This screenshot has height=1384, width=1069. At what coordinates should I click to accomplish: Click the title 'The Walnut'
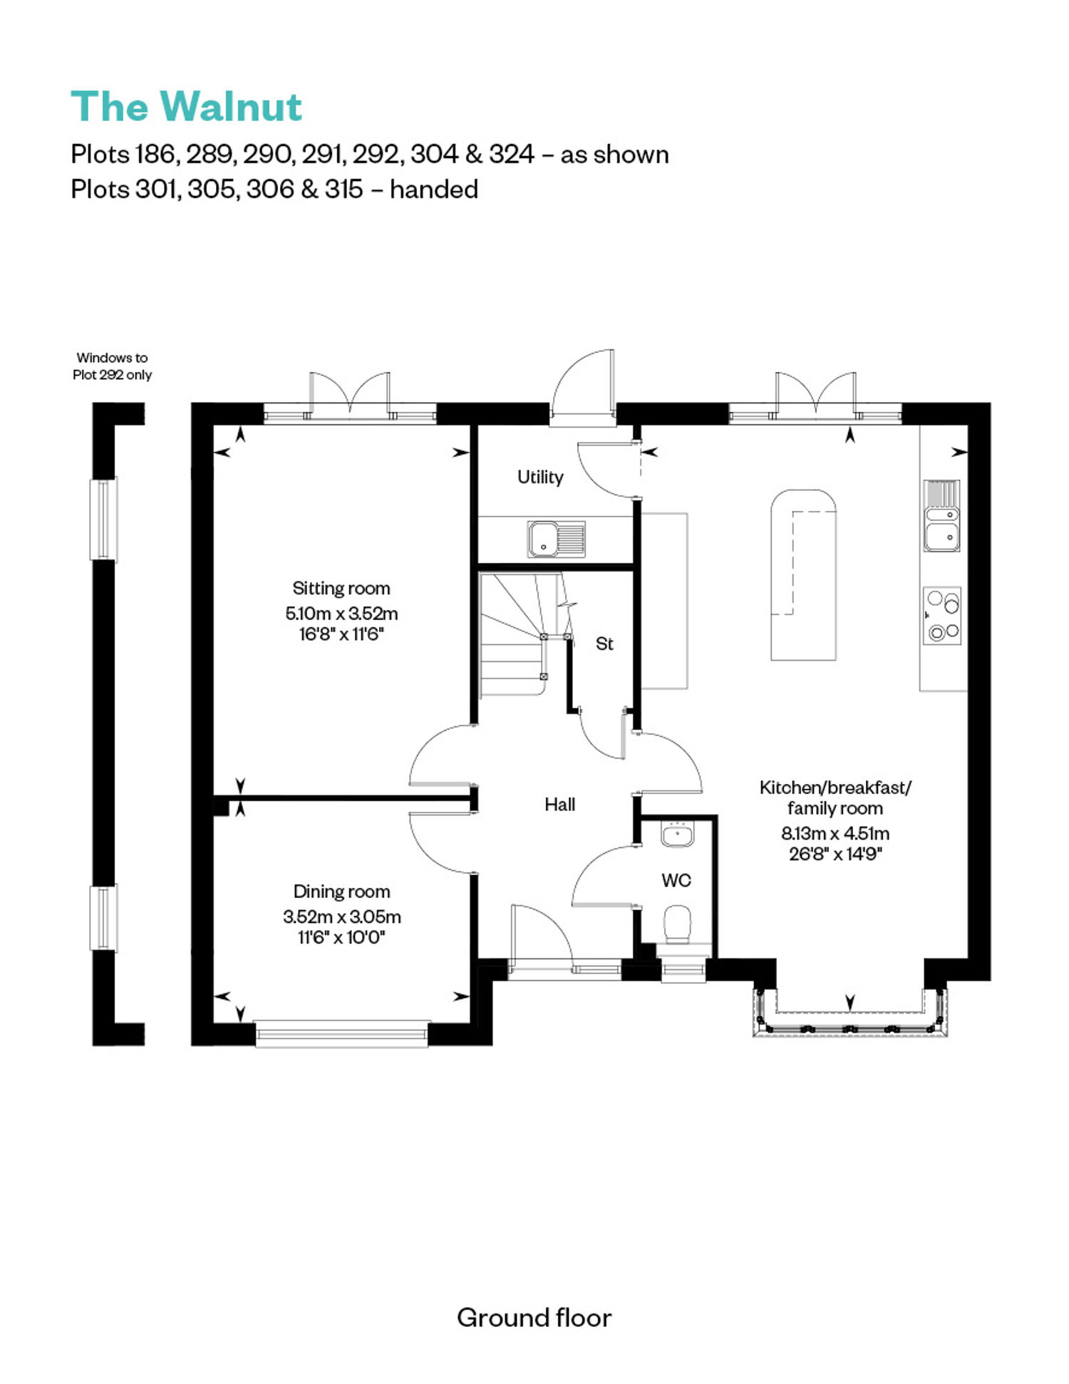coord(187,107)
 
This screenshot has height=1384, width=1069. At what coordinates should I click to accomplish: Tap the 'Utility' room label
coord(540,477)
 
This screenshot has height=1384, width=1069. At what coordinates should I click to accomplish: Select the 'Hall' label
coord(559,805)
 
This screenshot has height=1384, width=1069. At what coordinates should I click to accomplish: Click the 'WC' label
coord(676,880)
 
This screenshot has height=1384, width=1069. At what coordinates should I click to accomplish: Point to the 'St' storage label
coord(604,644)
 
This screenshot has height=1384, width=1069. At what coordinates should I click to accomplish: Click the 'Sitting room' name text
coord(341,589)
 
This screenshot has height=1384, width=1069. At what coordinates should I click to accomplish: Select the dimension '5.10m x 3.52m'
coord(341,613)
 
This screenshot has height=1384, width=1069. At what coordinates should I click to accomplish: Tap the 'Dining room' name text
coord(341,892)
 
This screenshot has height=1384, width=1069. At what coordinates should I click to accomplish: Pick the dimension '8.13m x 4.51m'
coord(835,833)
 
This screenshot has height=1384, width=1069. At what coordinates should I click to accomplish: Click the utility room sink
coord(557,539)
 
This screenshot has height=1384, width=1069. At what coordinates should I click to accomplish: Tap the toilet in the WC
coord(677,925)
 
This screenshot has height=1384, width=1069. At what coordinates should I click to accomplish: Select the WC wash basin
coord(677,834)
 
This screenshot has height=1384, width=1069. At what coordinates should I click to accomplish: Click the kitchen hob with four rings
coord(942,616)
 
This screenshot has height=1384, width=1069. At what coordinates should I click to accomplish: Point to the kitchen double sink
coord(942,516)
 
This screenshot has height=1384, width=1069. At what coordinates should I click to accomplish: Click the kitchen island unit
coord(803,574)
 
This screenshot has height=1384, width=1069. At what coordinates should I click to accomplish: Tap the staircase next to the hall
coord(525,635)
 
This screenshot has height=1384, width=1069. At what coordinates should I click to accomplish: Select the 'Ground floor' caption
coord(534,1318)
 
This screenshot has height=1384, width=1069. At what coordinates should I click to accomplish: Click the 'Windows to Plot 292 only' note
coord(113,366)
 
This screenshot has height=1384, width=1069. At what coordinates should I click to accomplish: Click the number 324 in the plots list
coord(512,154)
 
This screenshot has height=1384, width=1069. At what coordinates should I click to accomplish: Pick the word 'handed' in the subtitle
coord(434,190)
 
